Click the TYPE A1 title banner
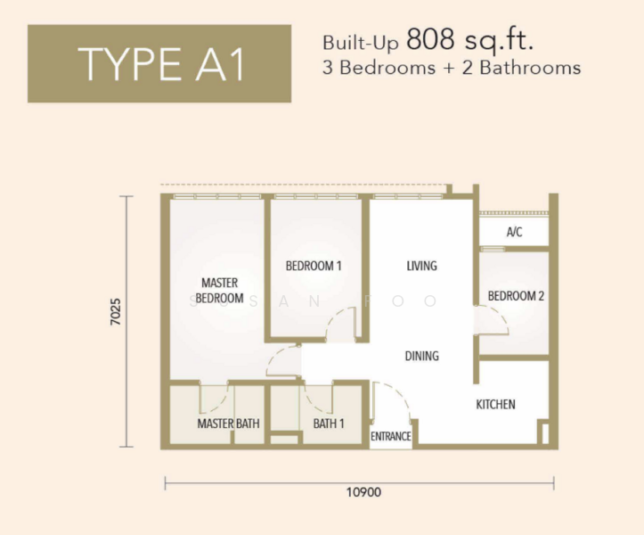[159, 63]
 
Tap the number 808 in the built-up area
[430, 39]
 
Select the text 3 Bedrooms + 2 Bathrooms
[452, 68]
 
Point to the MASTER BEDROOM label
[219, 291]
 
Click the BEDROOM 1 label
[314, 266]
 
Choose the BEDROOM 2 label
[516, 296]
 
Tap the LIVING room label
[422, 266]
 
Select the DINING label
[422, 356]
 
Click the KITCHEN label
[495, 404]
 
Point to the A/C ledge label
[514, 232]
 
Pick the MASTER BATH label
[228, 424]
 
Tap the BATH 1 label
[329, 424]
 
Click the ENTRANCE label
[391, 436]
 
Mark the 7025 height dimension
[116, 312]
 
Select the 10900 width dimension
[364, 492]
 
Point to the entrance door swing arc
[399, 392]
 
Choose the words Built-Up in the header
[360, 43]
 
